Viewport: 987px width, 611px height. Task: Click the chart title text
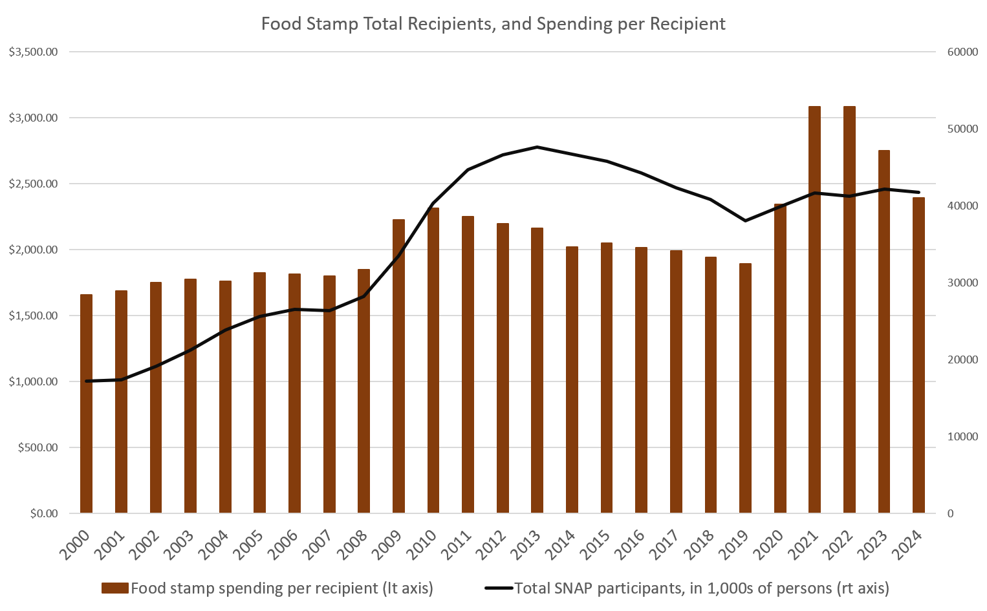pos(493,24)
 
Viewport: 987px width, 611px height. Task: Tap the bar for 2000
pos(86,403)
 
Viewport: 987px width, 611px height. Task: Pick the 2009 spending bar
pos(398,366)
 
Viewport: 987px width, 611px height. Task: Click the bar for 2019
pos(745,388)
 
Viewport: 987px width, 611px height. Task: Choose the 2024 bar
pos(918,355)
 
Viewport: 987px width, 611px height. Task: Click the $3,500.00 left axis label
pos(34,52)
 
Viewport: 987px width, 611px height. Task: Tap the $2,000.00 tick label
pos(34,250)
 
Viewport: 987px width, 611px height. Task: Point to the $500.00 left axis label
pos(38,447)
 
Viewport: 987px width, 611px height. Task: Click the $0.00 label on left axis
pos(44,513)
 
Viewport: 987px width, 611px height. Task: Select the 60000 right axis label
pos(962,52)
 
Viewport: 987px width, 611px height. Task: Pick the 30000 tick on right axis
pos(962,283)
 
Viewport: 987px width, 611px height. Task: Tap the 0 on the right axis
pos(950,513)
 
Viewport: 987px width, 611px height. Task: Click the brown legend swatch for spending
pos(114,588)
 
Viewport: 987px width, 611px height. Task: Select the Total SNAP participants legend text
pos(701,588)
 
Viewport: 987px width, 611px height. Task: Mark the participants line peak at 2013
pos(537,147)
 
